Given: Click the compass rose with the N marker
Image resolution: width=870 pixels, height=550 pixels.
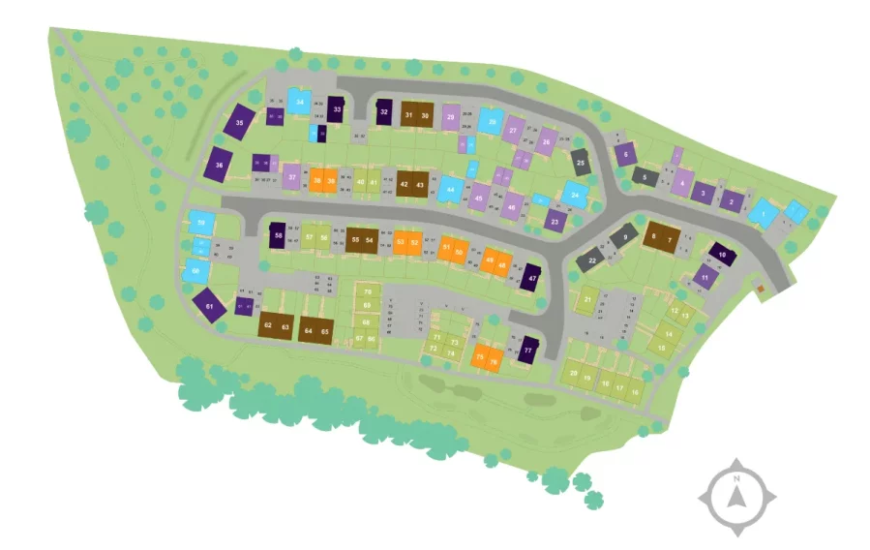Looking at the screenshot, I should click(x=737, y=498).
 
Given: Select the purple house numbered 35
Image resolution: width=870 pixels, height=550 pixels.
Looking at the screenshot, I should click(x=240, y=123).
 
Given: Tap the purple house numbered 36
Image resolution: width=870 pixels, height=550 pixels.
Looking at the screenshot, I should click(x=220, y=165).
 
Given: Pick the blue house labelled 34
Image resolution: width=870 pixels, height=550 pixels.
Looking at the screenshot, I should click(x=301, y=102).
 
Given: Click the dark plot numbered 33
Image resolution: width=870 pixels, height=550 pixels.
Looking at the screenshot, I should click(x=337, y=109).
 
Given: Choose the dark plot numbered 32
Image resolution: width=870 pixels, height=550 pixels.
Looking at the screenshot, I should click(x=384, y=111).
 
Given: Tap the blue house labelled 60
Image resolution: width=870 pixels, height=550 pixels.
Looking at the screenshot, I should click(x=196, y=271).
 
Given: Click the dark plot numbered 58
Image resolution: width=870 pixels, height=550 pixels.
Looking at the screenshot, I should click(x=279, y=235).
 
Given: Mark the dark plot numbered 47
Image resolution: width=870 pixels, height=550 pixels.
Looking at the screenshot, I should click(x=531, y=277).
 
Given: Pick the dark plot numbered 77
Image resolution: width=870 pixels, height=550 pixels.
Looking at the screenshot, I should click(x=527, y=350).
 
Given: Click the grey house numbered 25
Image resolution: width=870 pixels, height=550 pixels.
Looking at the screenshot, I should click(x=581, y=163).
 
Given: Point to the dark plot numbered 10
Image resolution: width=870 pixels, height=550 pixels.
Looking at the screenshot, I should click(x=722, y=254).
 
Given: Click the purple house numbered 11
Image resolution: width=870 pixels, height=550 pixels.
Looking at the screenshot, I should click(x=705, y=277).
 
